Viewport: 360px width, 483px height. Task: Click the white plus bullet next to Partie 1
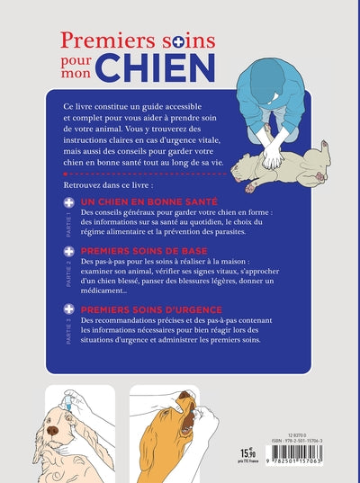69,204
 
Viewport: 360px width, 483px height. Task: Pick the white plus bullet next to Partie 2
69,253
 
